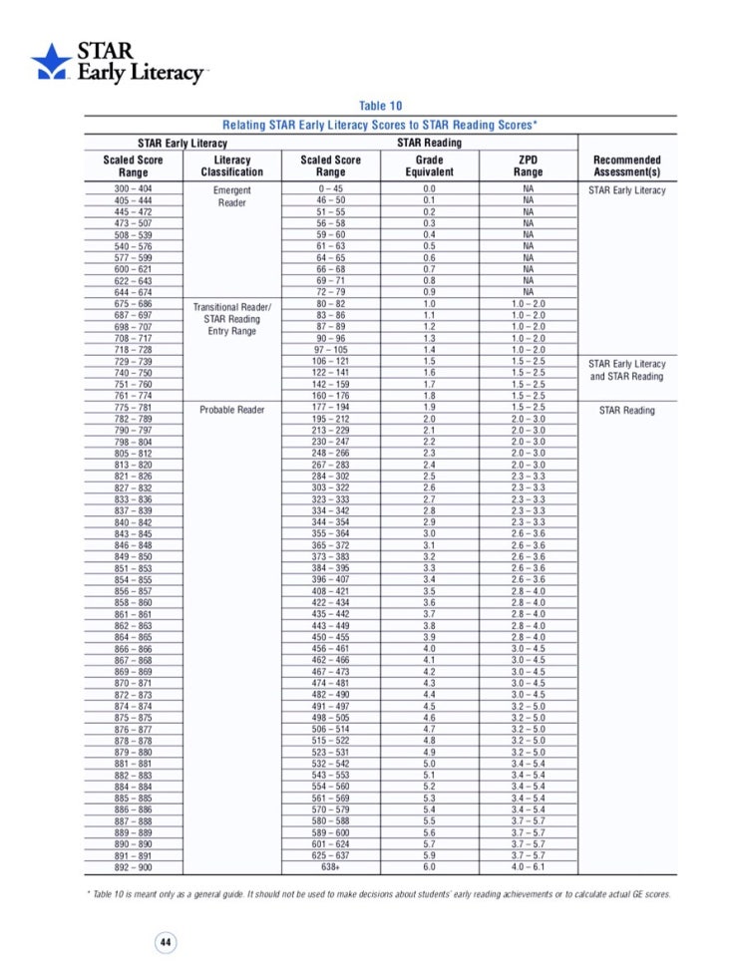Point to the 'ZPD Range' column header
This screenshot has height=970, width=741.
click(529, 165)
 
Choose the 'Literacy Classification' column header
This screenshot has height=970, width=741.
click(231, 165)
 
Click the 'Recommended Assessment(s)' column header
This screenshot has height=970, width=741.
click(626, 165)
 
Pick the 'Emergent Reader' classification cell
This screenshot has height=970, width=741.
click(231, 195)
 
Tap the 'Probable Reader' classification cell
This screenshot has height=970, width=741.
click(231, 410)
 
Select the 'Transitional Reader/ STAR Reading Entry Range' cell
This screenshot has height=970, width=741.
click(231, 319)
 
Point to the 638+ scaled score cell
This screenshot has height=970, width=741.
click(330, 867)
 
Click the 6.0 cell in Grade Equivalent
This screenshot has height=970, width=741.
click(429, 867)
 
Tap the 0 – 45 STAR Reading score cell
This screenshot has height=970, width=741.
click(330, 189)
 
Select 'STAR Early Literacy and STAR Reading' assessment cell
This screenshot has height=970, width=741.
click(626, 371)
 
